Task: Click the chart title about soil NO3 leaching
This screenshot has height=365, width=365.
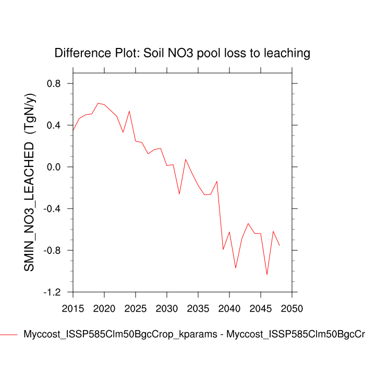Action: click(182, 53)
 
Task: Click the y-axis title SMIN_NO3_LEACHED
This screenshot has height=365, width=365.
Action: click(30, 182)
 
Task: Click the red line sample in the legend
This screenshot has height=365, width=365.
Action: click(9, 334)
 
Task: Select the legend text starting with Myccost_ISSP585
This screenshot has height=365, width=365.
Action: click(193, 334)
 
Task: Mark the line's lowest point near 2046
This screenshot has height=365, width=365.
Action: click(267, 274)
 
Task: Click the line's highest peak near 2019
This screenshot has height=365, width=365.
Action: click(98, 103)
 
